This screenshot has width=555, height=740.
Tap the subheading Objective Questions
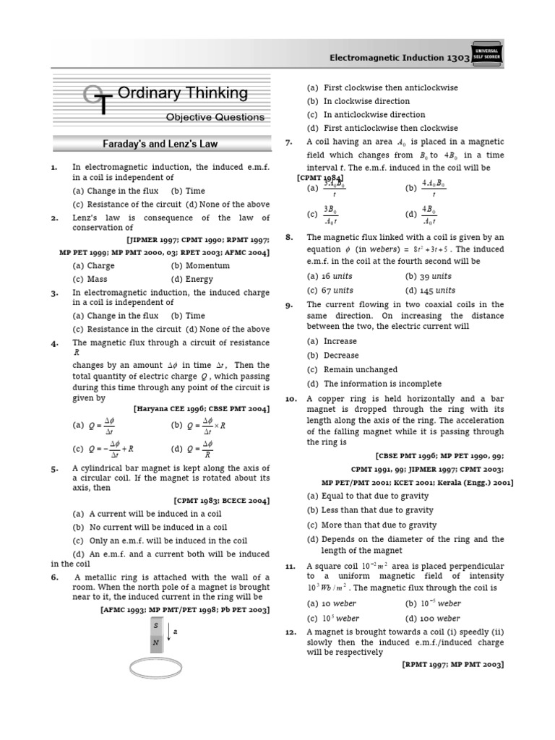click(x=215, y=117)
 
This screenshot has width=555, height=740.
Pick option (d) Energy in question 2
click(x=192, y=279)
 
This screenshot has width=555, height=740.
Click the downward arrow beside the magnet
click(x=168, y=633)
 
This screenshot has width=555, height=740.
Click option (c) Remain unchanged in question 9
click(x=343, y=369)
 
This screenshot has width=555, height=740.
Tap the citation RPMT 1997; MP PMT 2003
click(x=453, y=664)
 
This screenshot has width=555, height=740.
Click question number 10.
click(x=291, y=399)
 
